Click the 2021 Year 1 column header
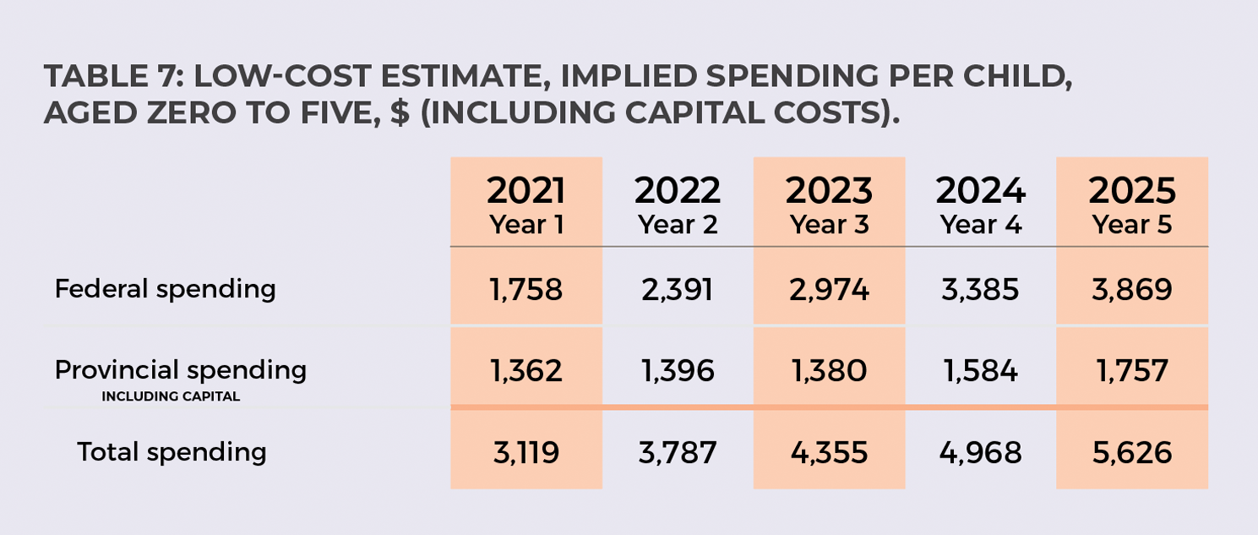tap(526, 205)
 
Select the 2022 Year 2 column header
tap(678, 205)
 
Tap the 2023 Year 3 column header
tap(829, 205)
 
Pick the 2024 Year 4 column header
tap(980, 205)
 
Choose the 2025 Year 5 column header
tap(1132, 205)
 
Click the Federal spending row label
tap(165, 289)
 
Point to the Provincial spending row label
tap(180, 370)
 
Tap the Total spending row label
tap(172, 452)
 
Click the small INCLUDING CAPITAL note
tap(171, 396)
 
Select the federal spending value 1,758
tap(526, 290)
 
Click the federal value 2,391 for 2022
tap(677, 290)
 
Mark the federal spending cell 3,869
tap(1131, 290)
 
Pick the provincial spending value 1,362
tap(526, 371)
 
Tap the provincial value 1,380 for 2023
tap(828, 371)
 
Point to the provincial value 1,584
tap(980, 371)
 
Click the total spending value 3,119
tap(526, 453)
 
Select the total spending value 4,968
tap(980, 453)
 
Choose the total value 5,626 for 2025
tap(1131, 453)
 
